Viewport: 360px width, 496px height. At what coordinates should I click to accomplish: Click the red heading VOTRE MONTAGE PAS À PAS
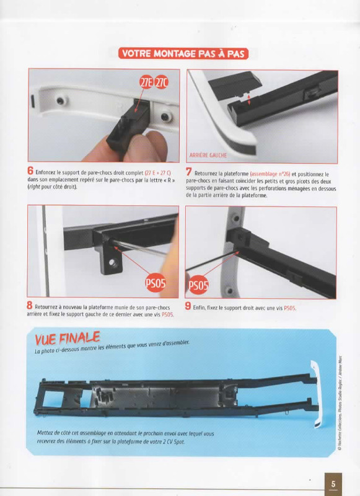tap(183, 53)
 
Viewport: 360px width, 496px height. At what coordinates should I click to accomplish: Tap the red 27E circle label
tap(146, 82)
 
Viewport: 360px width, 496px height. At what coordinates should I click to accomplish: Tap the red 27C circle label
tap(161, 82)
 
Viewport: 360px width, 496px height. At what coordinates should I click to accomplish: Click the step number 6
tap(30, 170)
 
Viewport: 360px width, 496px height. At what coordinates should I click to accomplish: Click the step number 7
tap(189, 172)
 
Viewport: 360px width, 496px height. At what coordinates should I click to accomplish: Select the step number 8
tap(29, 306)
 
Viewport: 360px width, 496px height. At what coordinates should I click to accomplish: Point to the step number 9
tap(188, 306)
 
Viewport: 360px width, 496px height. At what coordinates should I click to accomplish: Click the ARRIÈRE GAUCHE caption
tap(208, 156)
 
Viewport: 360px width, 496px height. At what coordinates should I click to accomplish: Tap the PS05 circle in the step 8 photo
tap(155, 283)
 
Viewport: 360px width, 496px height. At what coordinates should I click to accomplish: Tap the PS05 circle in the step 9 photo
tap(198, 285)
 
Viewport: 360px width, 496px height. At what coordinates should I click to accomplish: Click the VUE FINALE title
tap(68, 338)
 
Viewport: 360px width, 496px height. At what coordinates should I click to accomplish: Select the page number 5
tap(333, 484)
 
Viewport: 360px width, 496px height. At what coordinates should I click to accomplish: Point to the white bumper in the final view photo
tap(316, 394)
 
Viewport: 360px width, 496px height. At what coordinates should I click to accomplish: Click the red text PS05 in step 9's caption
tap(290, 308)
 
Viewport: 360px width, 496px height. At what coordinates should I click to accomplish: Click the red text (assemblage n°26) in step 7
tap(270, 174)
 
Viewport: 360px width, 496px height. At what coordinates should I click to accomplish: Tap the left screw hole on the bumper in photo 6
tap(60, 101)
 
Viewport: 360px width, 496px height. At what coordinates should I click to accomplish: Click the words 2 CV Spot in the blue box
tap(173, 441)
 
